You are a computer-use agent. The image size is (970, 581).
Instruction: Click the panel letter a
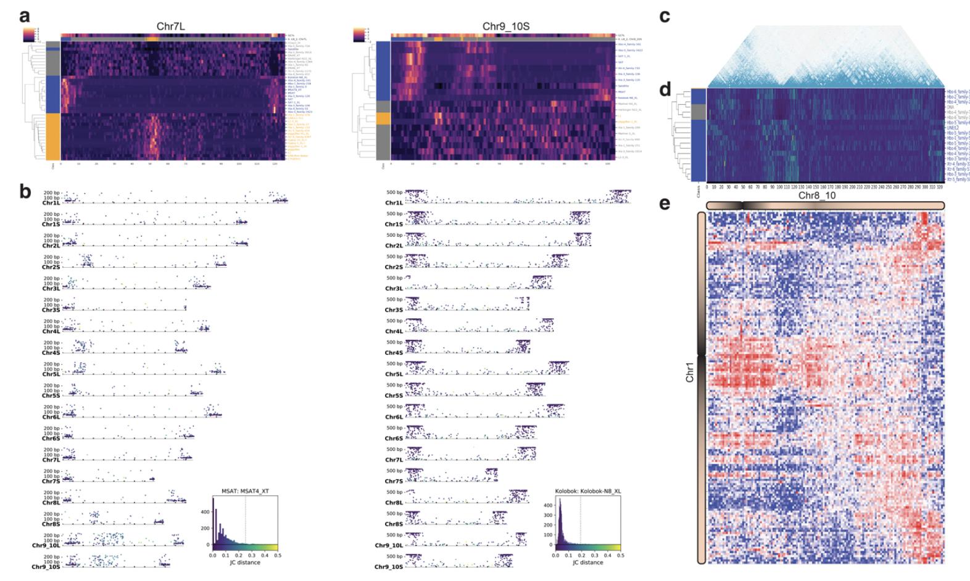tap(26, 15)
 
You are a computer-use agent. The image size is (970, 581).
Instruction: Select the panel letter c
tap(665, 15)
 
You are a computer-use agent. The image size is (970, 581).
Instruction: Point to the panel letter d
tap(665, 91)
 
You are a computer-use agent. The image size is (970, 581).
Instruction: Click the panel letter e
tap(665, 203)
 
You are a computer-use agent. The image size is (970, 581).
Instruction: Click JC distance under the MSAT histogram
tap(244, 562)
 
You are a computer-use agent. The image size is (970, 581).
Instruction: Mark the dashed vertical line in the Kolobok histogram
tap(581, 521)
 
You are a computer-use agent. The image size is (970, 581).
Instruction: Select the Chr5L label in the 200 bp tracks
tap(51, 374)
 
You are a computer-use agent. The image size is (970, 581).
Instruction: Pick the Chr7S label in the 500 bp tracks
tap(394, 481)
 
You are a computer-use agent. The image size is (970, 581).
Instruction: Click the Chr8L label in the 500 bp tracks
tap(394, 503)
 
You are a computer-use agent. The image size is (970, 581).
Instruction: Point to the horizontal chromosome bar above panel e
tap(826, 205)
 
